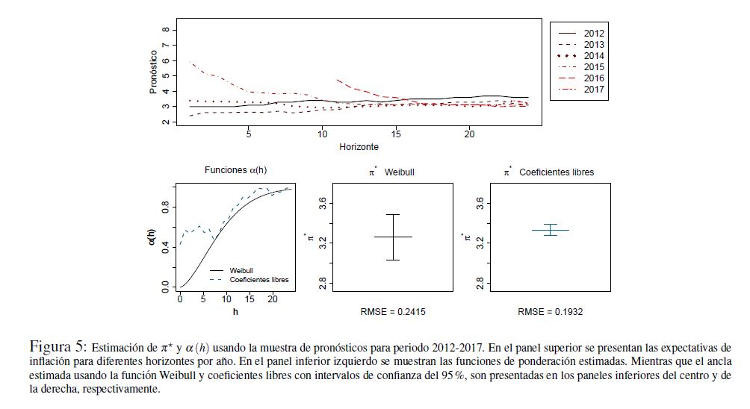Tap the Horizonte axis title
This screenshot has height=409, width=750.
click(x=359, y=147)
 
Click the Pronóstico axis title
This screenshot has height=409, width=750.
click(x=152, y=72)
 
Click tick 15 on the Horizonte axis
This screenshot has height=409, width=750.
click(x=395, y=134)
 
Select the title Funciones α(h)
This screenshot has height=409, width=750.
click(x=235, y=171)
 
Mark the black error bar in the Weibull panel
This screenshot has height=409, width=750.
click(x=393, y=237)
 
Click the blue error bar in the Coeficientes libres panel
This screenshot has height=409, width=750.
click(x=550, y=230)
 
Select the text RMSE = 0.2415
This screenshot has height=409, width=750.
click(x=393, y=311)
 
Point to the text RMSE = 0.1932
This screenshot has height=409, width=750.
click(x=550, y=311)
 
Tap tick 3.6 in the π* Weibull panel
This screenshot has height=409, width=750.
click(x=323, y=202)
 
